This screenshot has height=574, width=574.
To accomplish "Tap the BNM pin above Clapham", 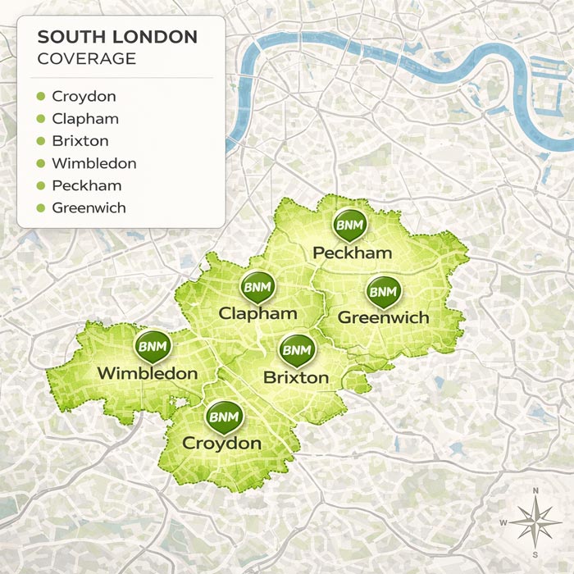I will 257,287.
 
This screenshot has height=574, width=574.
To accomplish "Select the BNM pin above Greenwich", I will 383,291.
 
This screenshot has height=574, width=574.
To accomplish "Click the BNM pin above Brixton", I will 296,350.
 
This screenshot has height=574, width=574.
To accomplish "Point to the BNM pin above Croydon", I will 222,417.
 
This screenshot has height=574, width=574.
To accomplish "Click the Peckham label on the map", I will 353,253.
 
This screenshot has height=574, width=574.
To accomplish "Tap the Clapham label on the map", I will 257,313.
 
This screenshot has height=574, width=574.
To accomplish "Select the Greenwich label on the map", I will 383,317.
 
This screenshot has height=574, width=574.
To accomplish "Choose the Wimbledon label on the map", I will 148,374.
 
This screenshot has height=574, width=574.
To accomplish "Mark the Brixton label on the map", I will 296,378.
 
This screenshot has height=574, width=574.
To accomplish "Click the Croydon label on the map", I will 222,444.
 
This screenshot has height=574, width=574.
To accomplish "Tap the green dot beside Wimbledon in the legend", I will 40,164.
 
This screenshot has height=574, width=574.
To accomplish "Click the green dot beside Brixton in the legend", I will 40,142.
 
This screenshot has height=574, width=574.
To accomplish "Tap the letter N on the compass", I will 535,492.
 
